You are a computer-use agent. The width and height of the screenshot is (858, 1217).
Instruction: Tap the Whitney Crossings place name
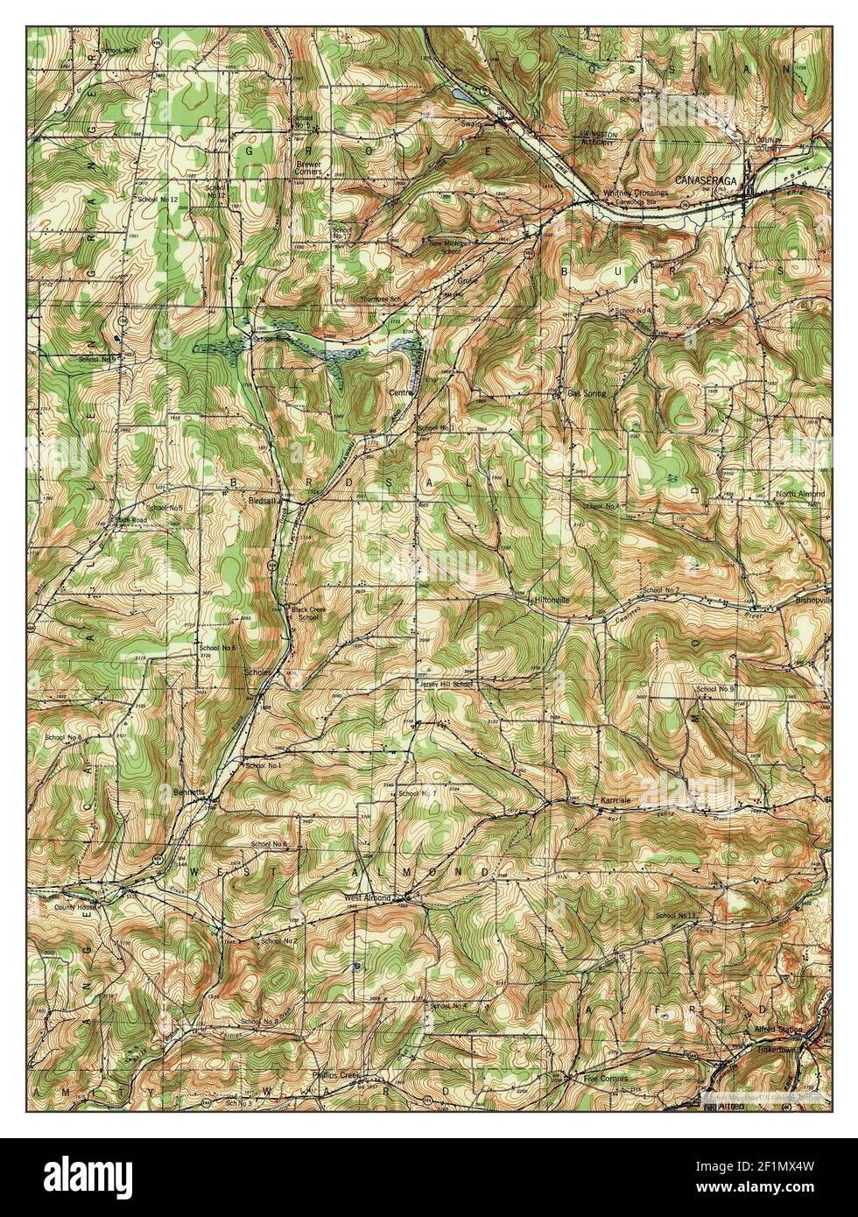tap(635, 193)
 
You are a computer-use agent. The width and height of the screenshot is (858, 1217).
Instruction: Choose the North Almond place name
tap(799, 495)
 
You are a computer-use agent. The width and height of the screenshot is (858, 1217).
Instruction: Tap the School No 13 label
tap(673, 916)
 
